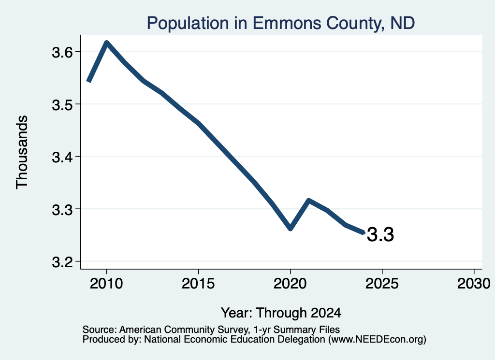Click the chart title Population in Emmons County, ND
tap(281, 23)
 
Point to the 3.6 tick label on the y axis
tap(62, 52)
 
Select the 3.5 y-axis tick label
tap(62, 105)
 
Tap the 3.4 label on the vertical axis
tap(62, 157)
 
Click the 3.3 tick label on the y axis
tap(62, 210)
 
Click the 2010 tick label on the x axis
tap(106, 284)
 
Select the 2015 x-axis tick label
tap(198, 284)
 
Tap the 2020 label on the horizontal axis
tap(290, 284)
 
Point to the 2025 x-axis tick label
tap(382, 284)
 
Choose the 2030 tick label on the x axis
tap(474, 284)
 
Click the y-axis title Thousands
tap(22, 152)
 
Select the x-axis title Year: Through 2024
tap(281, 313)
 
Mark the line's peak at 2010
tap(107, 43)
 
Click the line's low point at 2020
tap(291, 228)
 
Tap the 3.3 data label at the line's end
tap(380, 235)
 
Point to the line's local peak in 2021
tap(309, 201)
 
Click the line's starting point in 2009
tap(89, 81)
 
